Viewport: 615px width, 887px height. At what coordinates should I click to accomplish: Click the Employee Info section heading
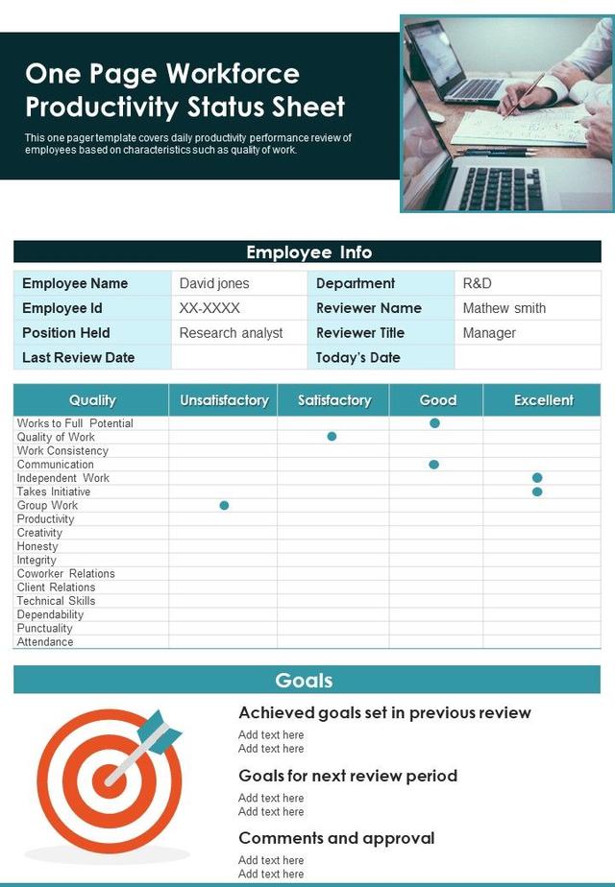[x=308, y=252]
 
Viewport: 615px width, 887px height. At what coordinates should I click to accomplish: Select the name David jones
[x=214, y=283]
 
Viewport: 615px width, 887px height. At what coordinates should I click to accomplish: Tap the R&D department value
[x=478, y=283]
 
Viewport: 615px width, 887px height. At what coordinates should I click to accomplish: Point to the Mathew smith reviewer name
[x=504, y=308]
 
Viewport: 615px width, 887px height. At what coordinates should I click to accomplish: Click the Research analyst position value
[x=231, y=333]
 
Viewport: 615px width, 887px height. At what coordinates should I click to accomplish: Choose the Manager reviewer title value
[x=489, y=333]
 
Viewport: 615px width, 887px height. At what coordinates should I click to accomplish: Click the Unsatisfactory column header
[x=224, y=400]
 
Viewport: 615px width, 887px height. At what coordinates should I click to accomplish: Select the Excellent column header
[x=543, y=400]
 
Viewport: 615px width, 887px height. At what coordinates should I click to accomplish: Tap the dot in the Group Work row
[x=224, y=505]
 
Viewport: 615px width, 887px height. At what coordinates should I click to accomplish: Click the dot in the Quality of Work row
[x=332, y=436]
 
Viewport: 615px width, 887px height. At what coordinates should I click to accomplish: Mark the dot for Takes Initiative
[x=537, y=491]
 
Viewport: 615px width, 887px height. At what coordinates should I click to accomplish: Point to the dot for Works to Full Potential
[x=434, y=422]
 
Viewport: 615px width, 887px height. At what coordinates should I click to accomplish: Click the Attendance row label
[x=45, y=642]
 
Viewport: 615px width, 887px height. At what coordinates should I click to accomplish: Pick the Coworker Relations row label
[x=65, y=574]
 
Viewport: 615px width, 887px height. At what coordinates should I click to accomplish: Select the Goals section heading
[x=304, y=681]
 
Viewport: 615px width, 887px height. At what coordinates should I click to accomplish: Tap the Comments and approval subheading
[x=336, y=838]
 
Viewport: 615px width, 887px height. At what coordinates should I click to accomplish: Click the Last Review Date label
[x=79, y=358]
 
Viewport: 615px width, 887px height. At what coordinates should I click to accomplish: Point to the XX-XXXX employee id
[x=209, y=308]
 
